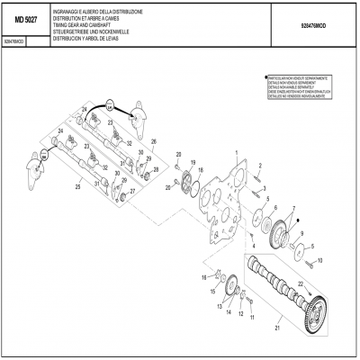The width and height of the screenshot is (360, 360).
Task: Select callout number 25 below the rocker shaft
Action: (79, 186)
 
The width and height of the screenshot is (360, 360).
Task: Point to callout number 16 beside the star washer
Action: (204, 274)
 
